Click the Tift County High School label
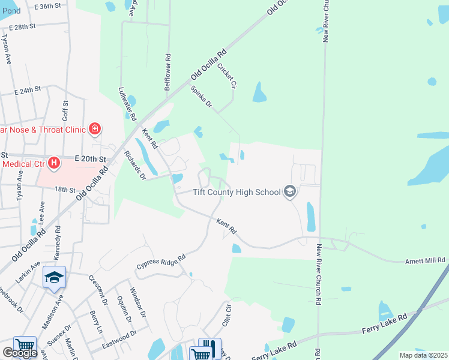[x=237, y=193]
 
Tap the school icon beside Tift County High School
[x=290, y=192]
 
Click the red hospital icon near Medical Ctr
[x=54, y=163]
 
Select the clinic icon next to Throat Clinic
[x=94, y=128]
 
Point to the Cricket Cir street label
[x=227, y=76]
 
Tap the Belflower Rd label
[x=169, y=73]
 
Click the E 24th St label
[x=28, y=90]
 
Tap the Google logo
[x=19, y=353]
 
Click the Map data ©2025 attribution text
[x=423, y=355]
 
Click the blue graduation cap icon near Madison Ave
[x=54, y=277]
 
